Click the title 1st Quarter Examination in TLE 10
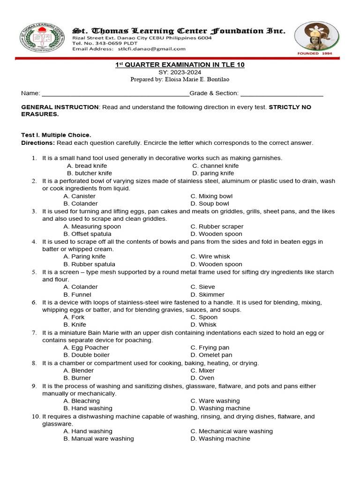coord(180,65)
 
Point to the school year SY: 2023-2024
coord(180,72)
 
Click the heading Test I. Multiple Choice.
coord(56,135)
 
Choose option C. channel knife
coord(215,165)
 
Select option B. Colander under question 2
coord(81,203)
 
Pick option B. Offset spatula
coord(87,234)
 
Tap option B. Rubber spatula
coord(89,264)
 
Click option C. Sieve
coord(202,287)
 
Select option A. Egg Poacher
coord(86,347)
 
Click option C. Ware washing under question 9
coord(215,401)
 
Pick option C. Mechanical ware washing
coord(232,431)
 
